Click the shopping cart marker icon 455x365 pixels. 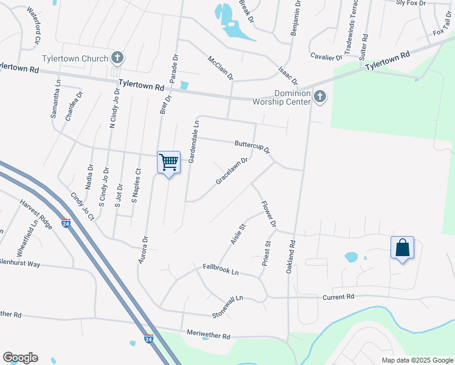point(168,162)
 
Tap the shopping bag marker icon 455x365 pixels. point(402,248)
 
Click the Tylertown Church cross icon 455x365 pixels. point(118,58)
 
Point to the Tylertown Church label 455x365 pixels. point(74,58)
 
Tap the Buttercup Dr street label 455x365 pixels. point(252,147)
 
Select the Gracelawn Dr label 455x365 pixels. point(232,172)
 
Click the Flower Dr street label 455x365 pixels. point(269,215)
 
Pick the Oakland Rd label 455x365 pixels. point(291,256)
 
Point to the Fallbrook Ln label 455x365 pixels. point(221,269)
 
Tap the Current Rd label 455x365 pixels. point(338,296)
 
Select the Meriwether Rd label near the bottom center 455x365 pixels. point(209,336)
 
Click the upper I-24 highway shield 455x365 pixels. point(66,223)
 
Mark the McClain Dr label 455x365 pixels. point(220,68)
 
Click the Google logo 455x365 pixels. point(20,358)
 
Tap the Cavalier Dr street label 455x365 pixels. point(327,57)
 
